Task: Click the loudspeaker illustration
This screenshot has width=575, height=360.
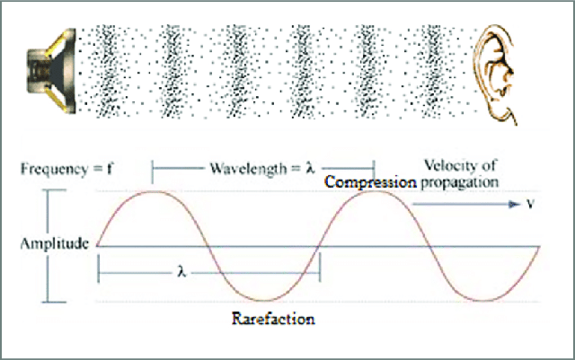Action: tap(51, 70)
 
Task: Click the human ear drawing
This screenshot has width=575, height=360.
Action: tap(494, 75)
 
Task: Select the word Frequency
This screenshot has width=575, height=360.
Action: tap(55, 170)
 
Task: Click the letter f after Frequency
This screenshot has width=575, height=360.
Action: tap(109, 169)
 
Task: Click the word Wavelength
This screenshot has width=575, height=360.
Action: tap(248, 169)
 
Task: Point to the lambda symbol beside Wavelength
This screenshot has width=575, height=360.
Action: tap(310, 168)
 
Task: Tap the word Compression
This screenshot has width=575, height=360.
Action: tap(371, 182)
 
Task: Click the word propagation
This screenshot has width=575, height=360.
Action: tap(459, 183)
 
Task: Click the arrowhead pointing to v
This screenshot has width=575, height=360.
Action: tap(515, 204)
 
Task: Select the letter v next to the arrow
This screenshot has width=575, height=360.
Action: tap(530, 204)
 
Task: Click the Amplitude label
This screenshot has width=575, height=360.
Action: tap(55, 244)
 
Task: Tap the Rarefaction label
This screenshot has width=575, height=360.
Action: tap(273, 319)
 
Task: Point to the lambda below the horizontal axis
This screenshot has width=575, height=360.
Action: tap(181, 272)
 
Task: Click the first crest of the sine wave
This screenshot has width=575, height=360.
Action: tap(155, 192)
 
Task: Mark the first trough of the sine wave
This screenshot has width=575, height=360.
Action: tap(265, 300)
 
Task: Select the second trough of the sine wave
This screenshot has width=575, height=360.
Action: tap(484, 300)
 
